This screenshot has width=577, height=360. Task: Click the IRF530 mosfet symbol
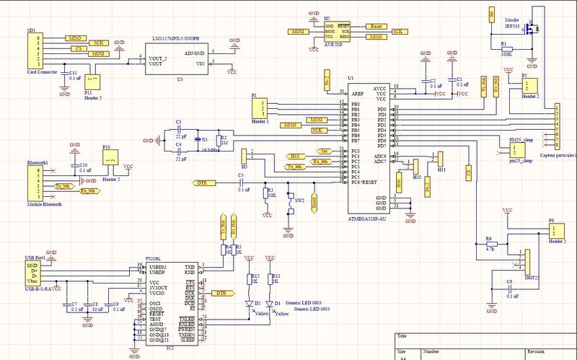pyautogui.click(x=532, y=32)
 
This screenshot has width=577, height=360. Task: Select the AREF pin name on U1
pyautogui.click(x=358, y=93)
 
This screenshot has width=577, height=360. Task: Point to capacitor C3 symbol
pyautogui.click(x=178, y=131)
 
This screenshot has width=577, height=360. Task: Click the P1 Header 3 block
pyautogui.click(x=260, y=108)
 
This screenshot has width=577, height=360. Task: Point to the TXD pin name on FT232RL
pyautogui.click(x=189, y=268)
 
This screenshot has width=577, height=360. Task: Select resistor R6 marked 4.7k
pyautogui.click(x=488, y=243)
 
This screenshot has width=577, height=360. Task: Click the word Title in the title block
pyautogui.click(x=402, y=336)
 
